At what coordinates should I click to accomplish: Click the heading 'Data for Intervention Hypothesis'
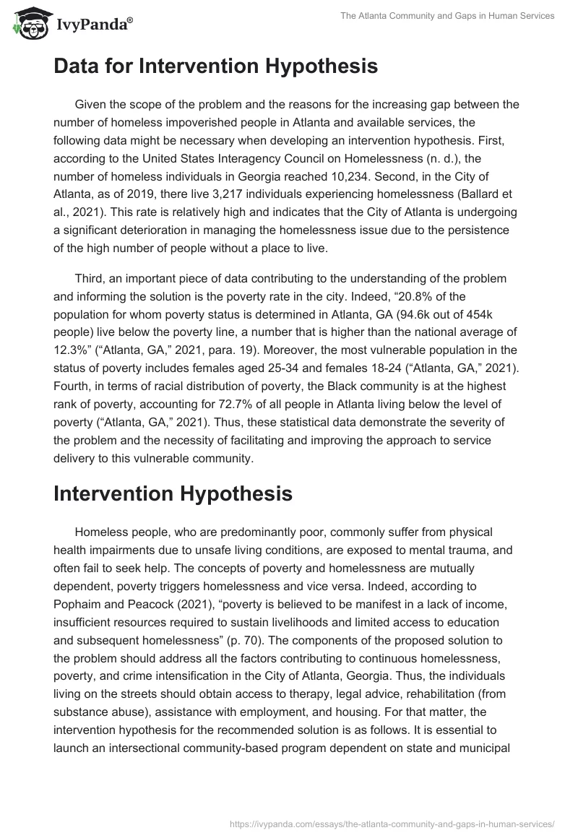(x=215, y=67)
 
